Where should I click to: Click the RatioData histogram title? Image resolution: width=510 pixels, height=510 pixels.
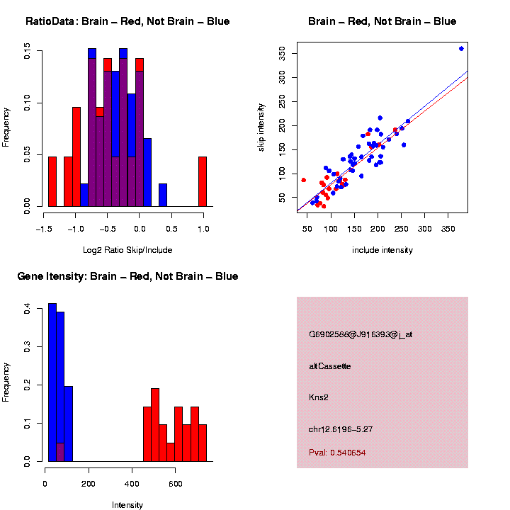click(x=127, y=22)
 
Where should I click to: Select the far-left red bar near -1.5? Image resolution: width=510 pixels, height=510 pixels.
click(x=52, y=181)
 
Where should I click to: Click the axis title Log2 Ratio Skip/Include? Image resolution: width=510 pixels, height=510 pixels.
click(x=127, y=249)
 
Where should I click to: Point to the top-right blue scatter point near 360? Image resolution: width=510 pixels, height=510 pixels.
click(x=461, y=48)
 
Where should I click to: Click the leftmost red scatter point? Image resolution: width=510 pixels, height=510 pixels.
click(x=304, y=180)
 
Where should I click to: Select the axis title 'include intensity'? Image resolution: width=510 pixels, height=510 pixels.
click(x=382, y=249)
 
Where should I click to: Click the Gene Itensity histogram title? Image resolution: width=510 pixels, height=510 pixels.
click(x=127, y=276)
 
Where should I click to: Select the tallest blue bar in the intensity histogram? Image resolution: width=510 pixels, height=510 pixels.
click(x=52, y=382)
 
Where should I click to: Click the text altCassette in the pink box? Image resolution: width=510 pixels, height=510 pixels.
click(x=330, y=366)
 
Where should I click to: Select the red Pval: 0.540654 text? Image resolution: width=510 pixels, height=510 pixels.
click(x=337, y=452)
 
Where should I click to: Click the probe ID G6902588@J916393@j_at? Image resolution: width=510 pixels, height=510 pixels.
click(x=361, y=334)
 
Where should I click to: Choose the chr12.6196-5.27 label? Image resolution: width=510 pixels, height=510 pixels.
click(x=341, y=429)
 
